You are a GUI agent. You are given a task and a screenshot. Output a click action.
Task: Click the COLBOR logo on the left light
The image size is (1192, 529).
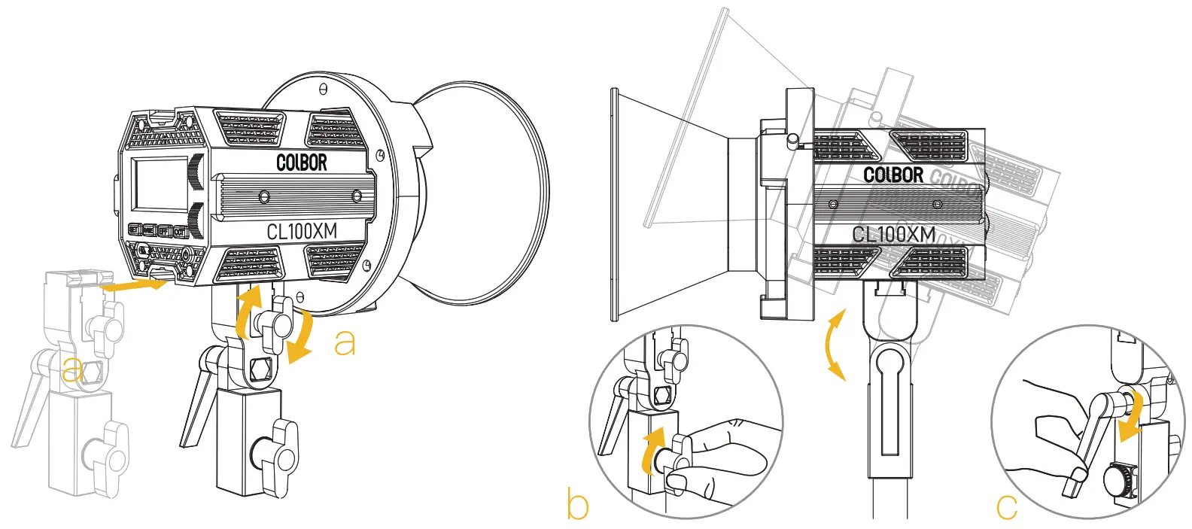coord(302,161)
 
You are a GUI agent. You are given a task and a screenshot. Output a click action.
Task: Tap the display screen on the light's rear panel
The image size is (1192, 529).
coord(160,184)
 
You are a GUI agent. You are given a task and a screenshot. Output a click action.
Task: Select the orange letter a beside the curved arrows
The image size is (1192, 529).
coord(345,342)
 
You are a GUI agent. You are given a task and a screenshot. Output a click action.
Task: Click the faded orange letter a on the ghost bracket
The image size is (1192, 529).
coord(72,369)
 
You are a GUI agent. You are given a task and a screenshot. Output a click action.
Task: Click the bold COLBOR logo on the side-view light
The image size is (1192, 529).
coord(892,175)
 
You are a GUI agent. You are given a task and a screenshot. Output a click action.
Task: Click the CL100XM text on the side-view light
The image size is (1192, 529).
coord(893,234)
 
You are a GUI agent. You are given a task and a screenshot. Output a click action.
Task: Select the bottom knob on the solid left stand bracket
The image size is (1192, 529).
coord(276,449)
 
